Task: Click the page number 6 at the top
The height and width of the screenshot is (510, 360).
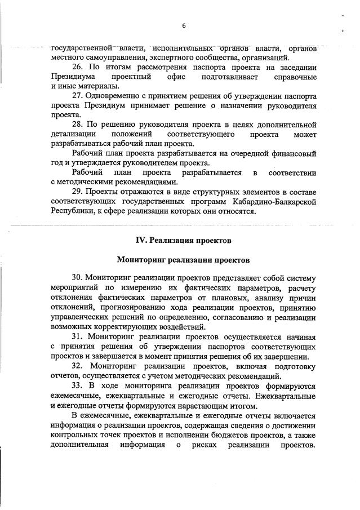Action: [x=184, y=26]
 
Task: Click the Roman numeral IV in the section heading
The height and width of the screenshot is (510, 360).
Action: [x=141, y=240]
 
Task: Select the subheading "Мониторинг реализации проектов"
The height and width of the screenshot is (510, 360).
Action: [x=182, y=260]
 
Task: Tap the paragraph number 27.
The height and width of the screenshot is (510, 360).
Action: [x=79, y=96]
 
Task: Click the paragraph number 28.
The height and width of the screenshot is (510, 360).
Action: [x=79, y=125]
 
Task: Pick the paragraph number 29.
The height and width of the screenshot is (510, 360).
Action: [x=79, y=192]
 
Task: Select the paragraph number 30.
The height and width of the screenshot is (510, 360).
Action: [x=79, y=278]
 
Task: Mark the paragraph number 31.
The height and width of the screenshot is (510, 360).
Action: [x=79, y=336]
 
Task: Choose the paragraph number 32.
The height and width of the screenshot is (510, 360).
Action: [x=79, y=366]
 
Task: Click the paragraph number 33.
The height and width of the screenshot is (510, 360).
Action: [x=79, y=385]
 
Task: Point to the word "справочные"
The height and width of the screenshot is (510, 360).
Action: [x=289, y=77]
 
